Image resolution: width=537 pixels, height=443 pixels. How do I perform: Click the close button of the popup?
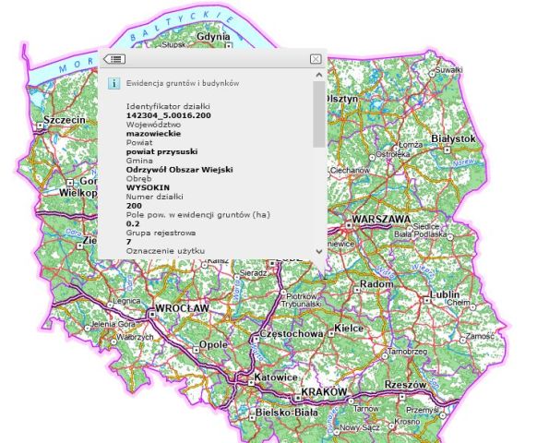click(x=316, y=59)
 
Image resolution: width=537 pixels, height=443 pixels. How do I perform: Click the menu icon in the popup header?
click(x=114, y=59)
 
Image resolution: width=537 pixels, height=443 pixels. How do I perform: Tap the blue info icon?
click(x=114, y=83)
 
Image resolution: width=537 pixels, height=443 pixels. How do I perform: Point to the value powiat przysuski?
click(x=162, y=151)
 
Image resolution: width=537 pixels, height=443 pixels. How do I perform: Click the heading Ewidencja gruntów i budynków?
click(x=183, y=83)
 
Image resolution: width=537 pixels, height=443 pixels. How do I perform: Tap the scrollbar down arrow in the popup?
click(x=319, y=251)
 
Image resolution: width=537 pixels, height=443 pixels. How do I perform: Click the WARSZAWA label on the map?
click(x=381, y=220)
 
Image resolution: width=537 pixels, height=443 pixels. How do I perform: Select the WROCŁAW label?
click(x=183, y=307)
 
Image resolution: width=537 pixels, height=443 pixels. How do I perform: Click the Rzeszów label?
click(x=404, y=384)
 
